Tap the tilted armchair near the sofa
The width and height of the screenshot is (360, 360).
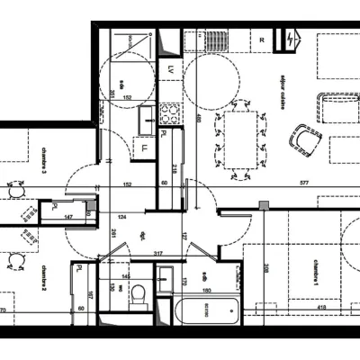click(306, 138)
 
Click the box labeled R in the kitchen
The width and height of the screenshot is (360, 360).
click(262, 40)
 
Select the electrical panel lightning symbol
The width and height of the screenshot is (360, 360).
click(290, 40)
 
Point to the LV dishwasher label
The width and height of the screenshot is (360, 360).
click(171, 68)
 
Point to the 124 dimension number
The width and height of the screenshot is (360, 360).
click(120, 217)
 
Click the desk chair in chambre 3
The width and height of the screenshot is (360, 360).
click(15, 191)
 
